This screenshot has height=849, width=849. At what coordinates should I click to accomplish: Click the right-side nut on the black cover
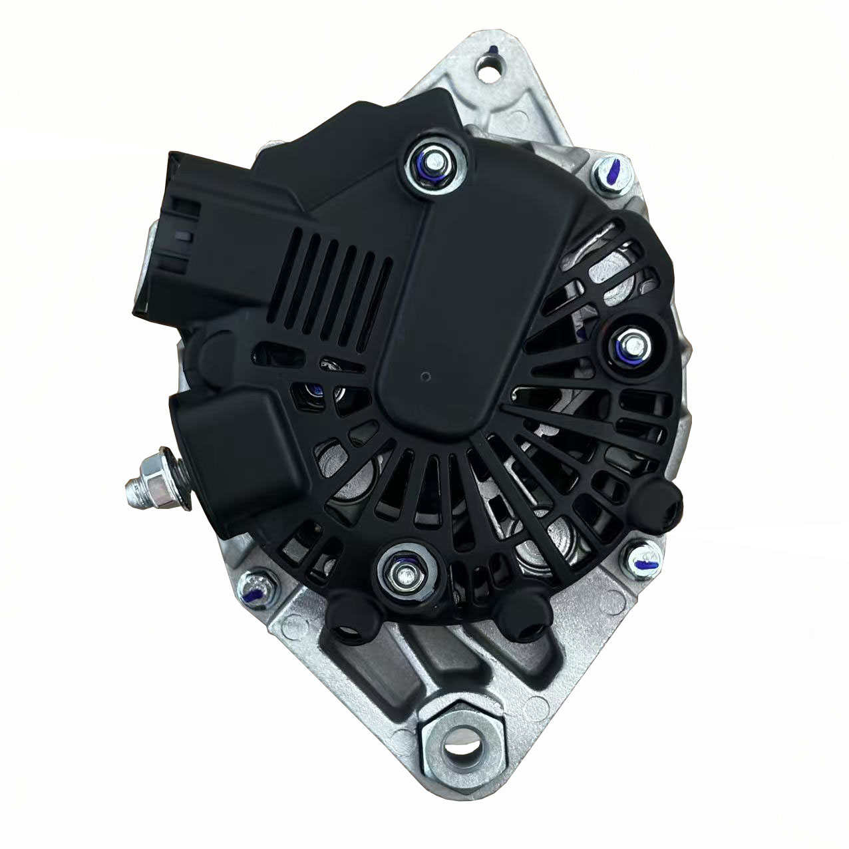click(631, 347)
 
